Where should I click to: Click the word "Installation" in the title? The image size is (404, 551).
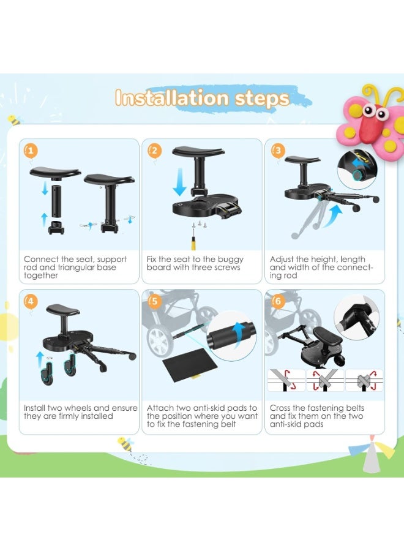tap(172, 98)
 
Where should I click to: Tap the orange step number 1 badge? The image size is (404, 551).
tap(31, 151)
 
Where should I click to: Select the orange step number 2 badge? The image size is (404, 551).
tap(154, 151)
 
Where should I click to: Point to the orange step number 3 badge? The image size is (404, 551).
tap(277, 151)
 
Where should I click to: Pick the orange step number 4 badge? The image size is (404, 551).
tap(31, 301)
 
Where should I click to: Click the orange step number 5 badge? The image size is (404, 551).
tap(154, 301)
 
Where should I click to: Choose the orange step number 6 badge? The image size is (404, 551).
tap(277, 301)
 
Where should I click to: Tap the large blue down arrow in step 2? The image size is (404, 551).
tap(180, 182)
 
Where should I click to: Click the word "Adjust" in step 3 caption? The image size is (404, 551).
tap(282, 260)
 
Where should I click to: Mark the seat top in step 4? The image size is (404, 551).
tap(63, 310)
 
